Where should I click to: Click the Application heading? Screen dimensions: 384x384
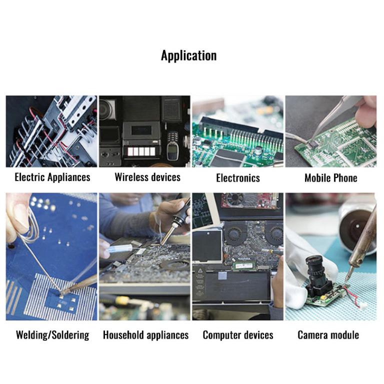pyautogui.click(x=188, y=56)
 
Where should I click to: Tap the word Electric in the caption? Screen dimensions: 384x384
pyautogui.click(x=30, y=177)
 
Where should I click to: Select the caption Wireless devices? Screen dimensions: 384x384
pyautogui.click(x=147, y=177)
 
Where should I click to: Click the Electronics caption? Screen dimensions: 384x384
pyautogui.click(x=238, y=178)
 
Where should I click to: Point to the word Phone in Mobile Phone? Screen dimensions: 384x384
pyautogui.click(x=345, y=178)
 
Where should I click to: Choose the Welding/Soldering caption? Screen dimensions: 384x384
pyautogui.click(x=52, y=335)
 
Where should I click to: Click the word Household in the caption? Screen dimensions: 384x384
pyautogui.click(x=123, y=335)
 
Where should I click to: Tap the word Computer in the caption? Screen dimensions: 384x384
pyautogui.click(x=221, y=335)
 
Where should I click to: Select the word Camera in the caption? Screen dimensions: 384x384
pyautogui.click(x=312, y=335)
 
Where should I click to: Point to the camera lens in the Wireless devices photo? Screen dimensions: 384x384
pyautogui.click(x=107, y=109)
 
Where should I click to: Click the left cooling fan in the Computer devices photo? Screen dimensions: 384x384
pyautogui.click(x=233, y=233)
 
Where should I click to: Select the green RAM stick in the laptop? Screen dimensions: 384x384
pyautogui.click(x=245, y=265)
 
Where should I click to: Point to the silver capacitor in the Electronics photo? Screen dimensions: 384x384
pyautogui.click(x=258, y=150)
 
